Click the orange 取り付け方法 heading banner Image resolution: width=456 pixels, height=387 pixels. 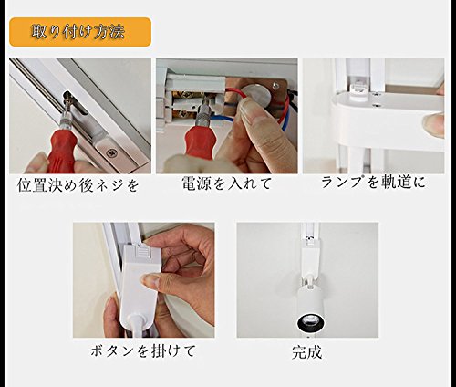(x=80, y=32)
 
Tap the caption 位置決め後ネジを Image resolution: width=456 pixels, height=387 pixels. (x=78, y=185)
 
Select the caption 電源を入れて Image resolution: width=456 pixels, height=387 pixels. (x=227, y=183)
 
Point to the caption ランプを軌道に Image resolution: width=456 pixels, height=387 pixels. (x=373, y=183)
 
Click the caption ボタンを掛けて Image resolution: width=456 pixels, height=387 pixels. (x=143, y=351)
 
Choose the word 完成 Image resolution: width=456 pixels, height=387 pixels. (x=306, y=352)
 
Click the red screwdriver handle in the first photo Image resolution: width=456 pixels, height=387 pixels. (x=62, y=151)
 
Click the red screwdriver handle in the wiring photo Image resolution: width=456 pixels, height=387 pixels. (x=200, y=146)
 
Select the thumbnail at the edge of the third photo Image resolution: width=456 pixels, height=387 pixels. (x=434, y=123)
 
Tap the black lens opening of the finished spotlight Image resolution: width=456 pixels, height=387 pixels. (x=311, y=323)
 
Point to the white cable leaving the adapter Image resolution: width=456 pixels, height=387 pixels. (x=140, y=326)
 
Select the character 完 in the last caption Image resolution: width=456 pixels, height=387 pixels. (x=299, y=352)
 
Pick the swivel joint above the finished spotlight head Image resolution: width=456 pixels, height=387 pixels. (x=309, y=279)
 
